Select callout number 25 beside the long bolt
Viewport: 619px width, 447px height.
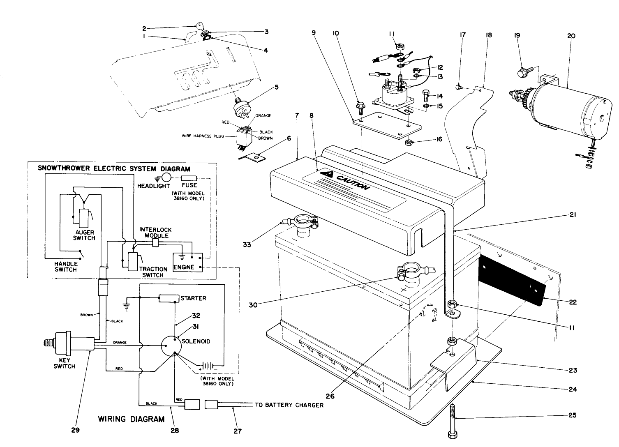pos(572,415)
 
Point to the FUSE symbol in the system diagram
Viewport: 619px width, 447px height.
pos(189,178)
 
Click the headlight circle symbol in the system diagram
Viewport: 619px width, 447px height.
pos(166,178)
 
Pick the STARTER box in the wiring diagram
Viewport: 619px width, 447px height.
pos(169,298)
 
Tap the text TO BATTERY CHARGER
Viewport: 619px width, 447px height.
pos(289,405)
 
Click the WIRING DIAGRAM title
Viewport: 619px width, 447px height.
pos(131,419)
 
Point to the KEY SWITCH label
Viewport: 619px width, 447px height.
pos(64,363)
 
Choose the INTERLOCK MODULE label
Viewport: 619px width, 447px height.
pos(155,233)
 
